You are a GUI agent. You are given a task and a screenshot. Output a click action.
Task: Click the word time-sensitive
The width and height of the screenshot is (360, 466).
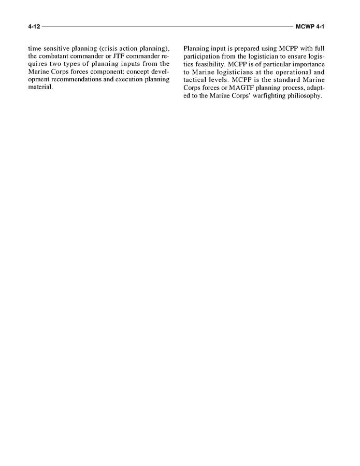49,49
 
